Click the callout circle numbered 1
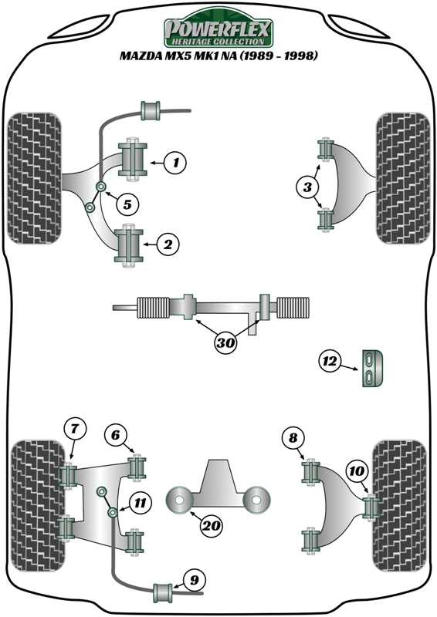pyautogui.click(x=176, y=163)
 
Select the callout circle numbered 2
pyautogui.click(x=169, y=245)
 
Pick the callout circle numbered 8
pyautogui.click(x=293, y=439)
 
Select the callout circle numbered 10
pyautogui.click(x=356, y=469)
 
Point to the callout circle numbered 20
pyautogui.click(x=210, y=527)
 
